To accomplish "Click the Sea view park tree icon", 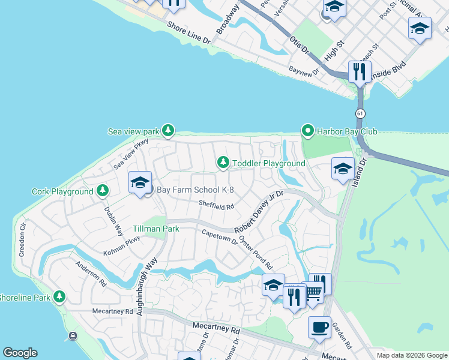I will (169, 130).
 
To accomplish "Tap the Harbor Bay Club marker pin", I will (308, 130).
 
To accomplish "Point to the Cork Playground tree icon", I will (103, 191).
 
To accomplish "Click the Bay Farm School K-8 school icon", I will (140, 184).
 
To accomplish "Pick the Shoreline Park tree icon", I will (59, 296).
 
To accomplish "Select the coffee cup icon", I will (319, 328).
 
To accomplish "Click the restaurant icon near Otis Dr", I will (360, 71).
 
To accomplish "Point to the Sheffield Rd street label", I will (216, 206).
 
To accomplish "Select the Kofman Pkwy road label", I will (122, 247).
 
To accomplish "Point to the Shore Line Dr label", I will (188, 34).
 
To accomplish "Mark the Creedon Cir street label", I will (23, 240).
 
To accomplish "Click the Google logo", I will (20, 353).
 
